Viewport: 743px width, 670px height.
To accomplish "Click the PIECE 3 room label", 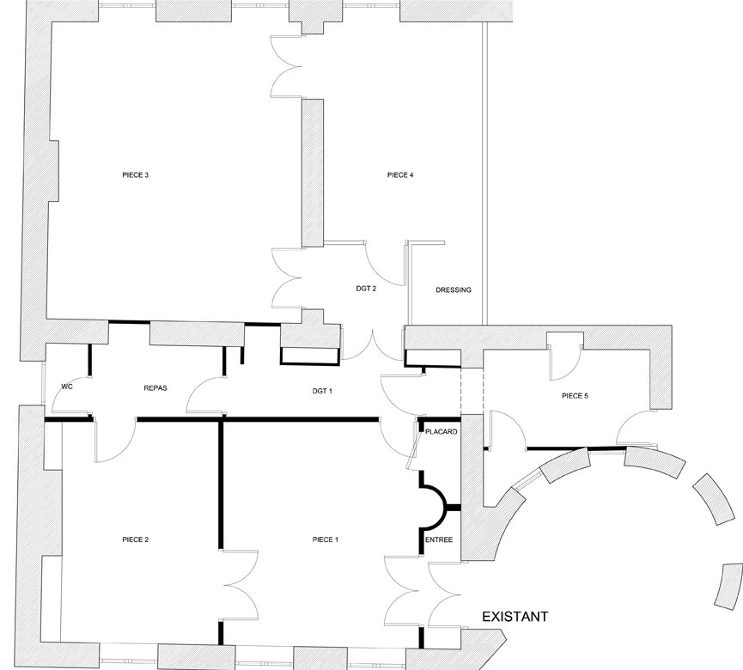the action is pyautogui.click(x=136, y=175).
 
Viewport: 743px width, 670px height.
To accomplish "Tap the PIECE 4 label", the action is pyautogui.click(x=400, y=175).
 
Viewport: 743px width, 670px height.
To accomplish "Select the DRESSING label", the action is pyautogui.click(x=454, y=290).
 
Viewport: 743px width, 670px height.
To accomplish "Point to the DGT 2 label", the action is pyautogui.click(x=366, y=288).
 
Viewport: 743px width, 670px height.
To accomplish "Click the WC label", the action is pyautogui.click(x=67, y=387).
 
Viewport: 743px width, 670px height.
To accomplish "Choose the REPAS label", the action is pyautogui.click(x=155, y=388).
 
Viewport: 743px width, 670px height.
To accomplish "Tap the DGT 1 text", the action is pyautogui.click(x=322, y=391).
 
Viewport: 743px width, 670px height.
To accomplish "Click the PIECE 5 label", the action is pyautogui.click(x=575, y=396).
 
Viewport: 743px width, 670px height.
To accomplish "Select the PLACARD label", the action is pyautogui.click(x=442, y=432).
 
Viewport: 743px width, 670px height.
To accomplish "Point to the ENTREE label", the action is pyautogui.click(x=439, y=539).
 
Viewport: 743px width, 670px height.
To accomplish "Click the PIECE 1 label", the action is pyautogui.click(x=326, y=539).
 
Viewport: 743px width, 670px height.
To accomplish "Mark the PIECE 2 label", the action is pyautogui.click(x=136, y=539).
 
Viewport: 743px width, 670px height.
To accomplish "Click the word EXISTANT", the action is pyautogui.click(x=515, y=617).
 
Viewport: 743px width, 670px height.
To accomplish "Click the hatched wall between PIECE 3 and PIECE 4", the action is pyautogui.click(x=313, y=173).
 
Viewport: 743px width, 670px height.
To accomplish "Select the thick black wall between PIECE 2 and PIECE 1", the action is pyautogui.click(x=221, y=484).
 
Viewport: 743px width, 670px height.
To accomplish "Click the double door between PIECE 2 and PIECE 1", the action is pyautogui.click(x=241, y=585).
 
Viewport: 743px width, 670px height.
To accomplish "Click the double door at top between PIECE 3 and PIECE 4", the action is pyautogui.click(x=286, y=66).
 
